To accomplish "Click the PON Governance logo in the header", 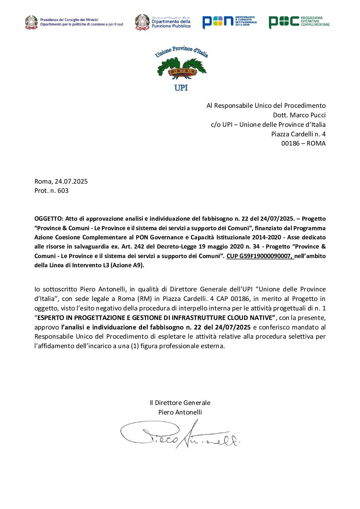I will pyautogui.click(x=229, y=22).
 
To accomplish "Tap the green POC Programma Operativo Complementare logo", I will pyautogui.click(x=299, y=22).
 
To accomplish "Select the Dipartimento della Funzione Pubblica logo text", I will pyautogui.click(x=171, y=23).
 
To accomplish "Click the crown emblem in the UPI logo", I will pyautogui.click(x=182, y=71).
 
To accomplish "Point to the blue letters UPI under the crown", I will pyautogui.click(x=181, y=88).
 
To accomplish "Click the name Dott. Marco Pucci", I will pyautogui.click(x=299, y=115).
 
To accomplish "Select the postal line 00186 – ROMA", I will pyautogui.click(x=303, y=143).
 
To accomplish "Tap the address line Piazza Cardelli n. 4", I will pyautogui.click(x=298, y=134).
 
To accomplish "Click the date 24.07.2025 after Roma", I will pyautogui.click(x=71, y=181).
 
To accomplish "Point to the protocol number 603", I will pyautogui.click(x=63, y=190).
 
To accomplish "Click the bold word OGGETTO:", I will pyautogui.click(x=49, y=219).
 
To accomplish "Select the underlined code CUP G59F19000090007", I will pyautogui.click(x=260, y=256).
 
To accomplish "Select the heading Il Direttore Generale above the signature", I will pyautogui.click(x=180, y=403).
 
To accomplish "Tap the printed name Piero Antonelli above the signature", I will pyautogui.click(x=180, y=412).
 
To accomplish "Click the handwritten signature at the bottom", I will pyautogui.click(x=180, y=435).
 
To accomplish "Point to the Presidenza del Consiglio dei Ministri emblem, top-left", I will pyautogui.click(x=31, y=22).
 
